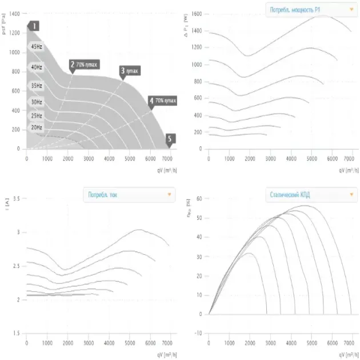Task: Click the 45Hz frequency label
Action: (36, 47)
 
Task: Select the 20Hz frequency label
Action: (36, 127)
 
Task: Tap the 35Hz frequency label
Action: (36, 86)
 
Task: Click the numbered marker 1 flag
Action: (34, 26)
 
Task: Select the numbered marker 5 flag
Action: (170, 138)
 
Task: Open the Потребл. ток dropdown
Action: (128, 195)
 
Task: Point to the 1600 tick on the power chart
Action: (197, 13)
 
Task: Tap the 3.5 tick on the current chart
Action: (16, 199)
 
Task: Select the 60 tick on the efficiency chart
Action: (199, 199)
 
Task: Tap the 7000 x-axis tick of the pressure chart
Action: (167, 158)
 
